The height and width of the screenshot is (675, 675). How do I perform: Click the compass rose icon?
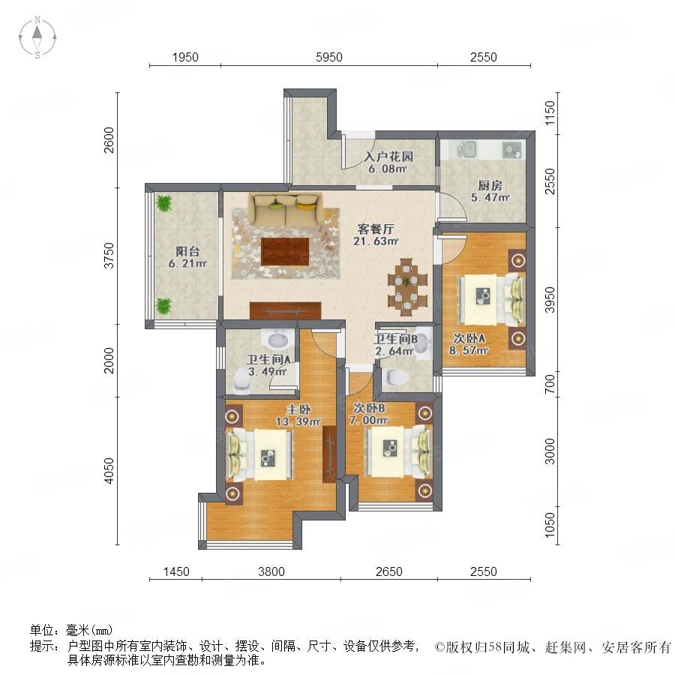(x=37, y=37)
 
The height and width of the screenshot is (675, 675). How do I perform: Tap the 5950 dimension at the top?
(x=329, y=57)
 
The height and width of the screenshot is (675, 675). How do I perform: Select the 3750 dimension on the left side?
(x=109, y=255)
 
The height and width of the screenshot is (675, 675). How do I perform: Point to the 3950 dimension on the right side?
(x=550, y=299)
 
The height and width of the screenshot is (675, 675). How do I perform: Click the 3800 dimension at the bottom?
(x=271, y=571)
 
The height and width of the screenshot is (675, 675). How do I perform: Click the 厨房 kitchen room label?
(x=490, y=185)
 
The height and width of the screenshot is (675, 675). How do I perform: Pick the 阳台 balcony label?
(x=187, y=251)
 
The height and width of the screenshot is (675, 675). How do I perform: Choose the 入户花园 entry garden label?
(x=388, y=156)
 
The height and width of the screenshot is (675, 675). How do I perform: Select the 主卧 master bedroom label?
(x=298, y=409)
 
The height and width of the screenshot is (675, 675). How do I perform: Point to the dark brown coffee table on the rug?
(x=285, y=251)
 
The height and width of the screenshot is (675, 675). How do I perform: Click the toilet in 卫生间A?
(x=242, y=382)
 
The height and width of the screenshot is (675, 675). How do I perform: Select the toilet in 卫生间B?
(x=394, y=377)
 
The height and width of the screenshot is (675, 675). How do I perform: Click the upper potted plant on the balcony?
(x=163, y=203)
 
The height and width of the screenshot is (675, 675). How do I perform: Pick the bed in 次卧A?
(x=492, y=298)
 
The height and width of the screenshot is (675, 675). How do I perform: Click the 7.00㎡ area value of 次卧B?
(x=368, y=421)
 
